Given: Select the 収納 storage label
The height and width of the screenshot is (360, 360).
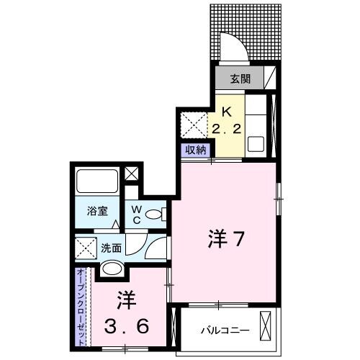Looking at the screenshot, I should [194, 150].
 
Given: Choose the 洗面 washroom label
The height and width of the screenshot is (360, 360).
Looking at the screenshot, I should [110, 248].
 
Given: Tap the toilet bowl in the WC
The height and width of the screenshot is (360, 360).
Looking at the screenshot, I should [159, 213].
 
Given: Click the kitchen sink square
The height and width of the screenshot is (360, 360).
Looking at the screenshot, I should [256, 143].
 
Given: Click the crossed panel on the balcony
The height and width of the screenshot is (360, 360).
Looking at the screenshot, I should [267, 328].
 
